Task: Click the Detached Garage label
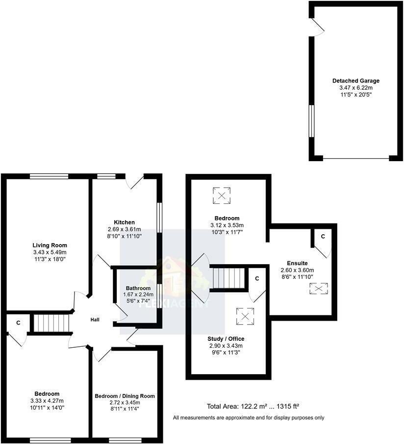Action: [356, 81]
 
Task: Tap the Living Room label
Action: [50, 245]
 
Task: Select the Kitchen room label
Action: [125, 222]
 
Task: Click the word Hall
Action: [95, 320]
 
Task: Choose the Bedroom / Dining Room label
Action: [125, 396]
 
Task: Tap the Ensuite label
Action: [297, 263]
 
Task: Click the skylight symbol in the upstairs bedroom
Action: [222, 196]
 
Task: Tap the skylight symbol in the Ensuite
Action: [318, 289]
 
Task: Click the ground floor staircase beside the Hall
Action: [51, 323]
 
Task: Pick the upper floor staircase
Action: [228, 278]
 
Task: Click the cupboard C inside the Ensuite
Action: [323, 237]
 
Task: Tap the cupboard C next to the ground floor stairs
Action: [18, 323]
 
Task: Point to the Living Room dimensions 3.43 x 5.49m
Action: [50, 252]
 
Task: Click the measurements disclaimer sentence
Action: [249, 417]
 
